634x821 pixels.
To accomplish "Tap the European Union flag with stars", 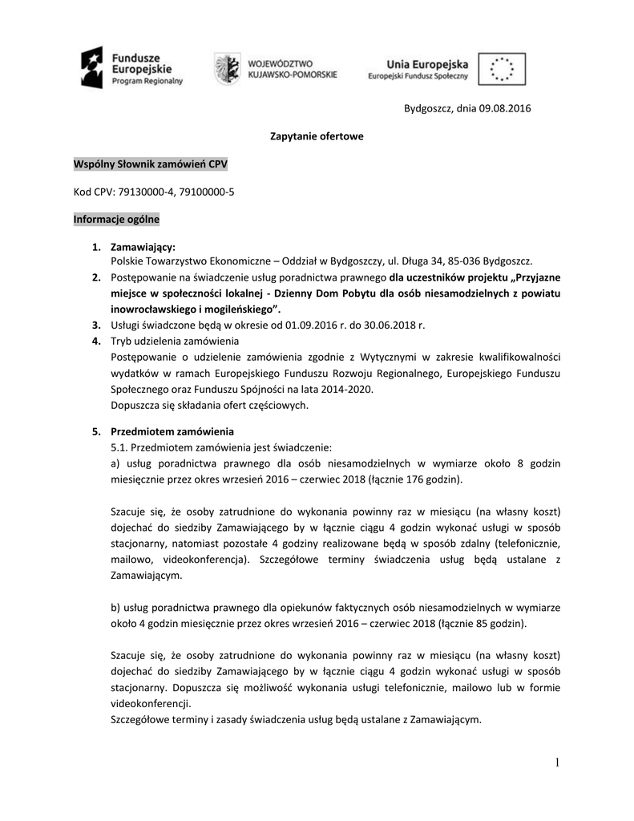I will coord(502,68).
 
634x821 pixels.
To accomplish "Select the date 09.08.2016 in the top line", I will coord(506,108).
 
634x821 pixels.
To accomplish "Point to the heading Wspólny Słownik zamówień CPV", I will coord(151,164).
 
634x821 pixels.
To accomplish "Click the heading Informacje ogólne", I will coord(116,219).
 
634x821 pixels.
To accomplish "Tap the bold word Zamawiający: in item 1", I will coord(143,247).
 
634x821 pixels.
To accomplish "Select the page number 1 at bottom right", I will coord(557,762).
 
